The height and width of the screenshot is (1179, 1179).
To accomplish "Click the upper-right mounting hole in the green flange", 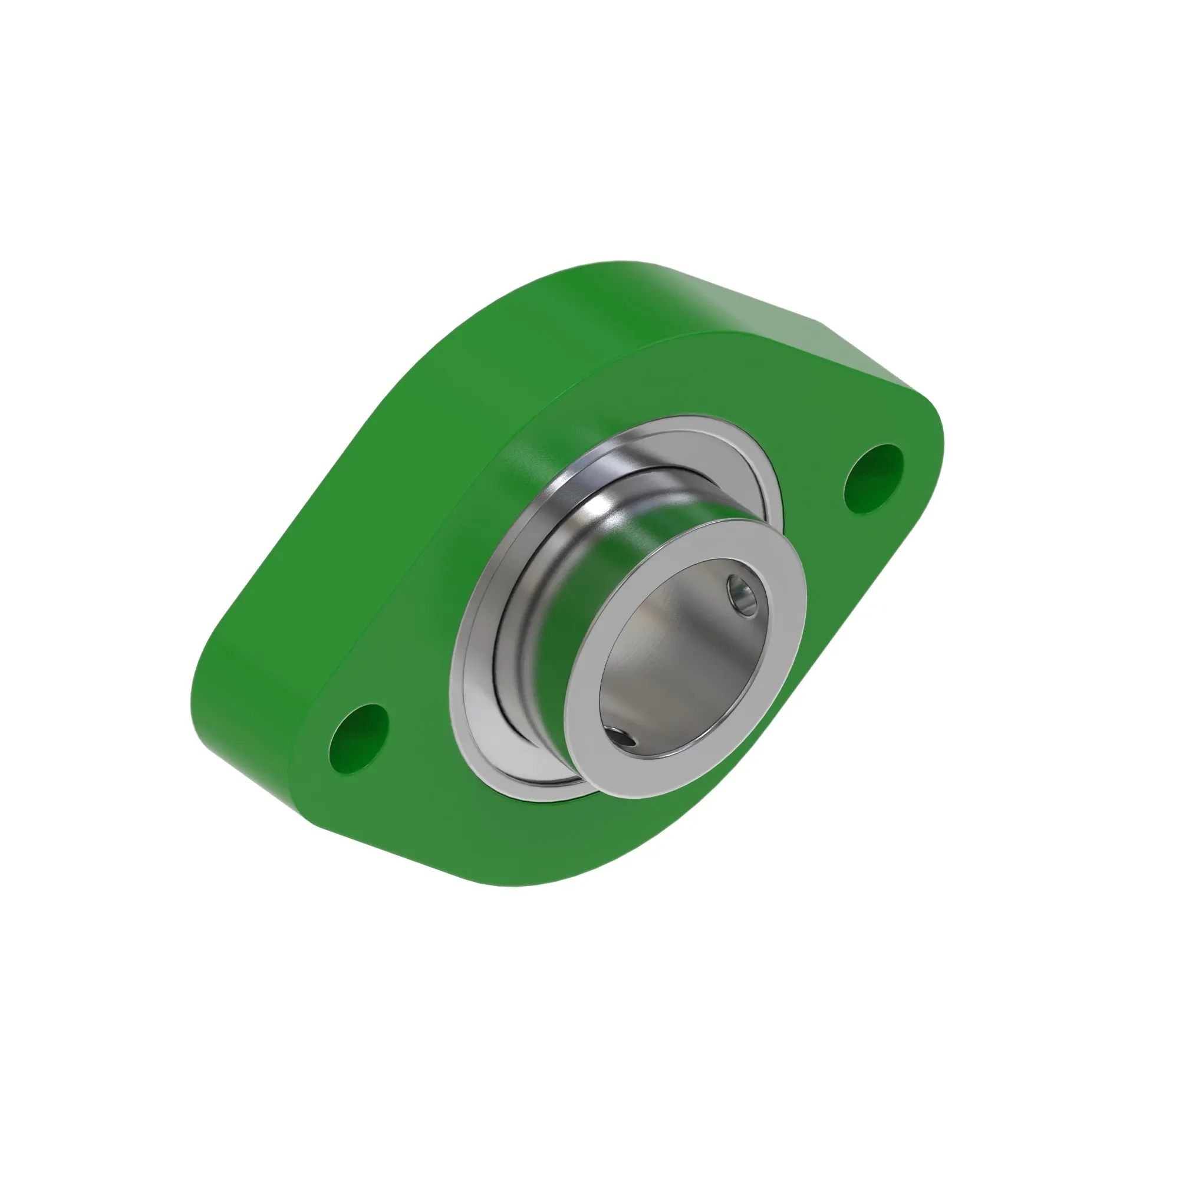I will coord(872,479).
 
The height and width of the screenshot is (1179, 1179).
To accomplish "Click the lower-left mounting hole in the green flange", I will coord(359,739).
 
